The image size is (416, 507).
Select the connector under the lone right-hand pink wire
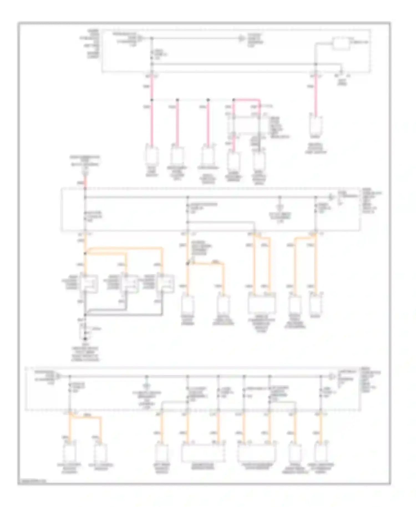click(x=316, y=125)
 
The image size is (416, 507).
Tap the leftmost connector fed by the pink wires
click(x=152, y=156)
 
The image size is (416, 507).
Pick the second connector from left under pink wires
click(x=177, y=155)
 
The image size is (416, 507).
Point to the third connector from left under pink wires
click(x=207, y=155)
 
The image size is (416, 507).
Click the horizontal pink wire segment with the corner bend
click(x=247, y=99)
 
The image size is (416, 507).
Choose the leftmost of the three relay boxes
click(x=89, y=283)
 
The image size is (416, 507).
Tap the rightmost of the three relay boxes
click(x=165, y=283)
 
